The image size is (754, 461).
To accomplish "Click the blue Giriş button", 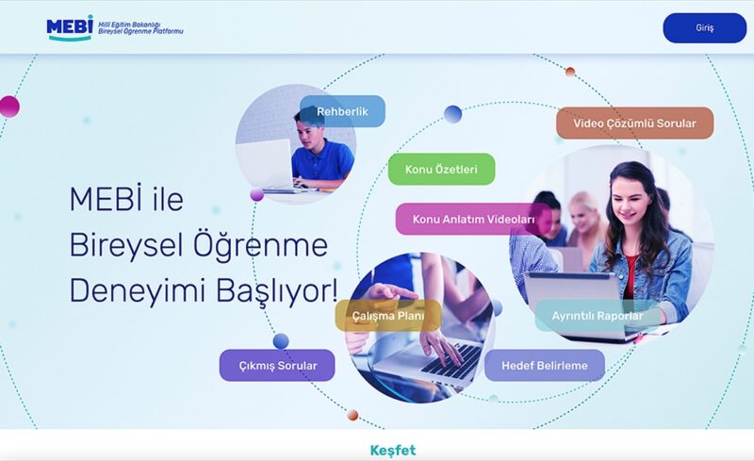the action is [704, 28].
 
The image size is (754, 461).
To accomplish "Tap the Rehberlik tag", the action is [342, 111].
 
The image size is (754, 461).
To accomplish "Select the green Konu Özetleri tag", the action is [441, 169].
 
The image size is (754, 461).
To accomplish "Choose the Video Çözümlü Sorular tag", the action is [634, 123].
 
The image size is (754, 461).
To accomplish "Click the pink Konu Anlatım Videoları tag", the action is [474, 219].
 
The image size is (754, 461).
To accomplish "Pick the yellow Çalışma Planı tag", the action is [388, 316].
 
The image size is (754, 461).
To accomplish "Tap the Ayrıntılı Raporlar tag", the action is [598, 316].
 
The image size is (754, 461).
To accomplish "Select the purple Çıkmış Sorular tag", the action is [277, 365].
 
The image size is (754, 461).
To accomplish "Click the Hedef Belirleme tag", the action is [545, 365].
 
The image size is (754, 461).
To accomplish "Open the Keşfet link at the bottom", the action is [393, 451].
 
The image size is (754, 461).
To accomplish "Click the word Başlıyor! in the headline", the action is [276, 291].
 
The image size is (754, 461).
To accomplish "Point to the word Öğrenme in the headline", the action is [260, 244].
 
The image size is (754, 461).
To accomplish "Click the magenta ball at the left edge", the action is [9, 107].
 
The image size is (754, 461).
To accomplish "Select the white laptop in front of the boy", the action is [265, 164].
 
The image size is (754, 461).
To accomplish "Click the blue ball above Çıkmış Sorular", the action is [281, 341].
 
